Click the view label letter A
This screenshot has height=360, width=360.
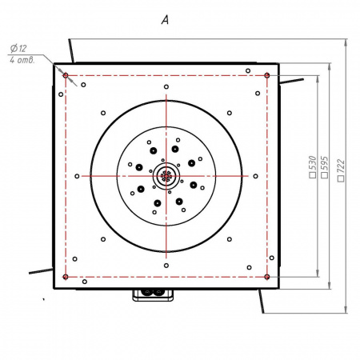click(x=165, y=20)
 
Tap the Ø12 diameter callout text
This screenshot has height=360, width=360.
click(x=18, y=49)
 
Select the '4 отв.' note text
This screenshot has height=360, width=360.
click(x=22, y=60)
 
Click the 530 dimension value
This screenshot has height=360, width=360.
click(x=312, y=163)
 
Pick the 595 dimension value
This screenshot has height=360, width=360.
click(x=325, y=163)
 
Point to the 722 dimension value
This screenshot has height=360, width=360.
click(x=341, y=166)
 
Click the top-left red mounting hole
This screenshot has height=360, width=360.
click(x=66, y=75)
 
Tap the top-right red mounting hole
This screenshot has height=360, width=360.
click(x=267, y=75)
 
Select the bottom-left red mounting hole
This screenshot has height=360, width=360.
click(x=66, y=277)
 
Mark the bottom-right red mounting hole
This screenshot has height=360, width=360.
click(x=267, y=277)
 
